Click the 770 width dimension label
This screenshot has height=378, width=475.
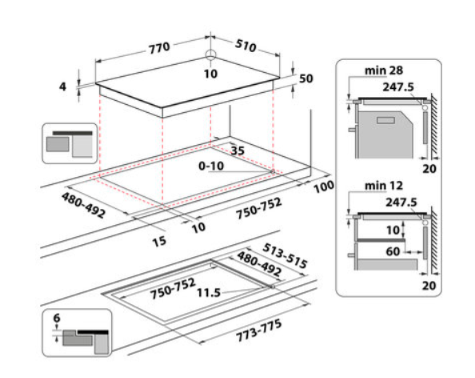[159, 48]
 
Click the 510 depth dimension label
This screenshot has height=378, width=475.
[245, 46]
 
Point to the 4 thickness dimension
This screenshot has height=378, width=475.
[62, 86]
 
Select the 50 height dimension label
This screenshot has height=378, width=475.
[306, 78]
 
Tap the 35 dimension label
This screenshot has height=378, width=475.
[237, 151]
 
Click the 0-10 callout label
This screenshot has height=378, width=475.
[211, 166]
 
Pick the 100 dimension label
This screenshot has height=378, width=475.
[324, 187]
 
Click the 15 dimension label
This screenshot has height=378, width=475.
[159, 241]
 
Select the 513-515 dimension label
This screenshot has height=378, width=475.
[285, 256]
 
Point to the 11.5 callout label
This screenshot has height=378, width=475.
[209, 293]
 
